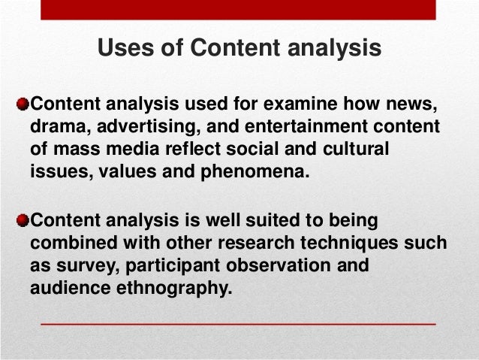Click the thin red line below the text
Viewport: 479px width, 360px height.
coord(237,322)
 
